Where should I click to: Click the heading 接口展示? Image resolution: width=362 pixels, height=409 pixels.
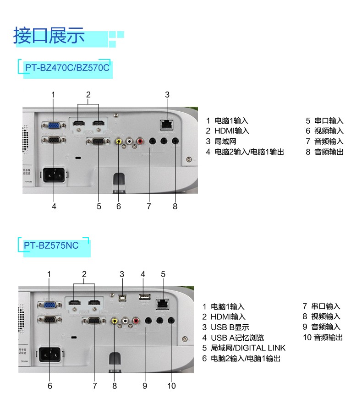point(49,36)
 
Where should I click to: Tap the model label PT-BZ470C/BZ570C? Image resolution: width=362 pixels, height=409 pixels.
point(67,67)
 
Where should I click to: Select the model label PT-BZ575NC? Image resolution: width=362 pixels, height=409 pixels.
point(52,245)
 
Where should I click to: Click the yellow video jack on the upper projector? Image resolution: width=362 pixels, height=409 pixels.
point(119,142)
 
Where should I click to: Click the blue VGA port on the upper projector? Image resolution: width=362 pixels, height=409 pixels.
point(53,125)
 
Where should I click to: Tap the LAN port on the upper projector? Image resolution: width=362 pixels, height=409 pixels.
point(167,123)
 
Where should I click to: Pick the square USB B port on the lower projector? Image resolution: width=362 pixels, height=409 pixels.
point(122,297)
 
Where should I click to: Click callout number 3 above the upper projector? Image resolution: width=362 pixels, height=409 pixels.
point(167,95)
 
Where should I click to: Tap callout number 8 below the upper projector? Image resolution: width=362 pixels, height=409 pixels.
point(175,207)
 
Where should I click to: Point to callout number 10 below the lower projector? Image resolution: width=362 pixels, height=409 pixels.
point(171,386)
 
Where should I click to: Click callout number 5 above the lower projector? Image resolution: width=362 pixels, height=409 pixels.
point(163,274)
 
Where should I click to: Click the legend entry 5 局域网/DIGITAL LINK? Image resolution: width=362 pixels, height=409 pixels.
point(244,348)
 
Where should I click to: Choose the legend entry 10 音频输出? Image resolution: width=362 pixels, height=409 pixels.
point(323,338)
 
